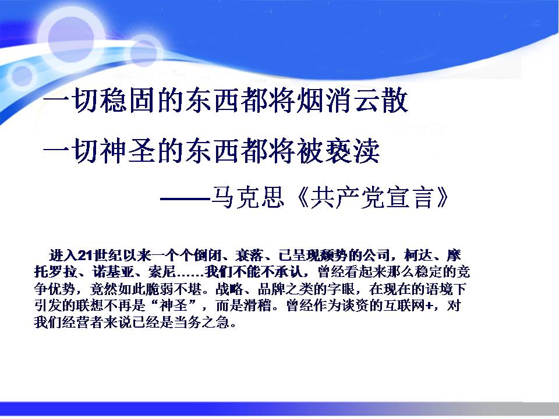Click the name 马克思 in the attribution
pyautogui.click(x=248, y=197)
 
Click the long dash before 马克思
pyautogui.click(x=185, y=198)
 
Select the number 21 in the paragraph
pyautogui.click(x=86, y=255)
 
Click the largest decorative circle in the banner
pyautogui.click(x=71, y=39)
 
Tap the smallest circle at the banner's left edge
pyautogui.click(x=22, y=76)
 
